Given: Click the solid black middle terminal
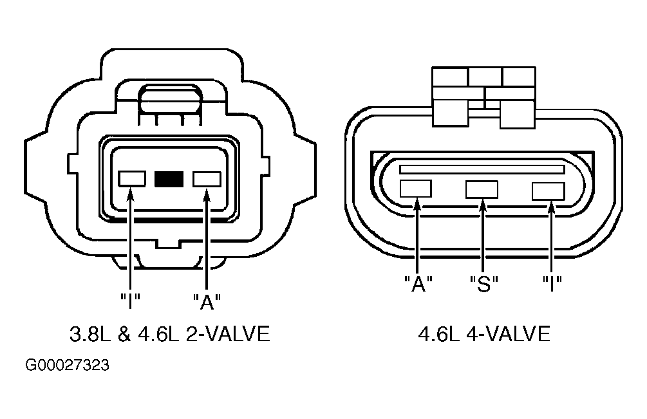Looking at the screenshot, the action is click(169, 179).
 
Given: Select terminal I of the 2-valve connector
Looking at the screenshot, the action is click(132, 179).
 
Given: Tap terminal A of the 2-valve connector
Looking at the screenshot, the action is click(207, 179).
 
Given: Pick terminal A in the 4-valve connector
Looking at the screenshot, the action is click(416, 189).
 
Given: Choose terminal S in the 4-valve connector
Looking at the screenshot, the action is click(482, 190).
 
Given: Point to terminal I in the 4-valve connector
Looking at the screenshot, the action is click(549, 191).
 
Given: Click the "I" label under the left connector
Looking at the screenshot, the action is click(131, 301).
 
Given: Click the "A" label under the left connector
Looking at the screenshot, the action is click(207, 301).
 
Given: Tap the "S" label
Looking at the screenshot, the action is click(484, 284).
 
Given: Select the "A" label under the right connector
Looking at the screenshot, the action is click(418, 284).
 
